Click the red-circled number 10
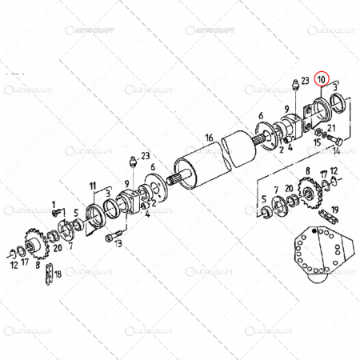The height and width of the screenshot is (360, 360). (x=322, y=79)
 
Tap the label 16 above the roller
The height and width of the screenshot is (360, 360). (x=209, y=138)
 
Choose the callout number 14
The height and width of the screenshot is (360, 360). (x=336, y=150)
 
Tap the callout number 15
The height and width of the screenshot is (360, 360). (x=317, y=142)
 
